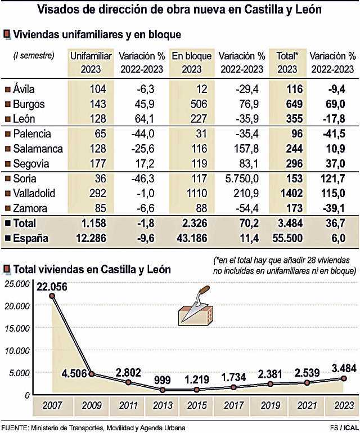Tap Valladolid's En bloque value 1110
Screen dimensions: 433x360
pos(196,193)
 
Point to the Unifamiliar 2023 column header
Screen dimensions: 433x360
pos(91,62)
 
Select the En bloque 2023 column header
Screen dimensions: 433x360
pos(191,62)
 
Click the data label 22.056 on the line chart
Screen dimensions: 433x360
pos(52,286)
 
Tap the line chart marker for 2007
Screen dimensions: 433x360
pos(52,296)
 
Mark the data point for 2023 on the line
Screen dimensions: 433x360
pos(343,378)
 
